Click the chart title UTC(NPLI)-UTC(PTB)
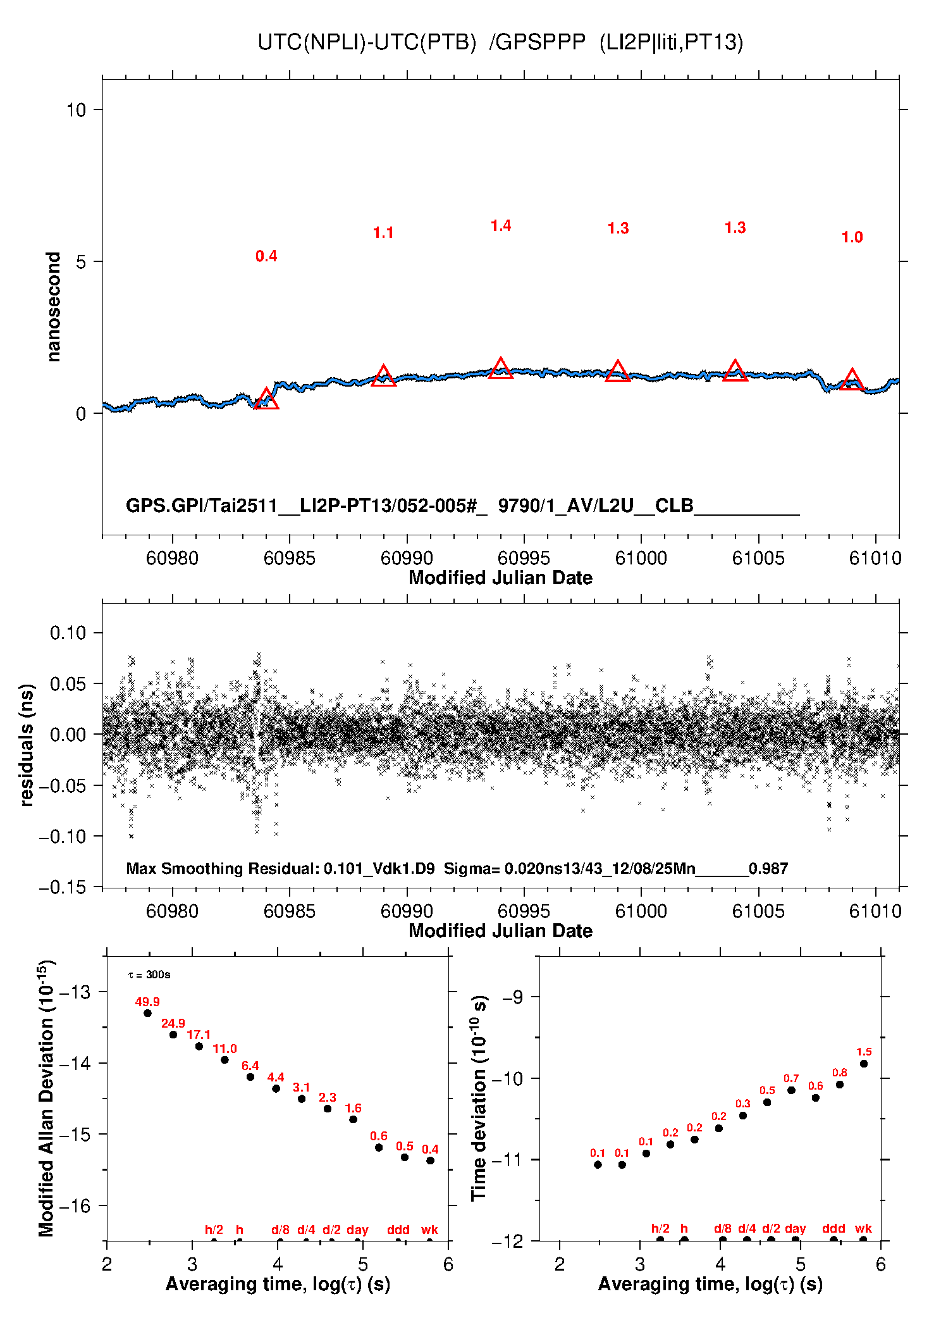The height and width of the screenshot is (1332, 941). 367,42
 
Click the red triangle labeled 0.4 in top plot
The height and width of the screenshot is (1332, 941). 266,399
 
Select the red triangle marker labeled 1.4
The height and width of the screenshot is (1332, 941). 501,368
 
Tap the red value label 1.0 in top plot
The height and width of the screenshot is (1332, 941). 852,237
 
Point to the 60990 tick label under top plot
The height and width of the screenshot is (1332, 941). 407,558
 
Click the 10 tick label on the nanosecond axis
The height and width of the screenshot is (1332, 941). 76,110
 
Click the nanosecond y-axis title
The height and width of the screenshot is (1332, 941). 54,307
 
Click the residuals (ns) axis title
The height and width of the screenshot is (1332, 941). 27,745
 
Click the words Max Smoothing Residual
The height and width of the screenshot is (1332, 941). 222,869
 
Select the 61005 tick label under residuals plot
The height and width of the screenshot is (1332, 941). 758,911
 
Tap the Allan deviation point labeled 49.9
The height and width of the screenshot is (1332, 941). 147,1013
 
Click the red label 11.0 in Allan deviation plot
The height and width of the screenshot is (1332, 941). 224,1049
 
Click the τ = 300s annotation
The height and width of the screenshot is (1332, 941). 149,975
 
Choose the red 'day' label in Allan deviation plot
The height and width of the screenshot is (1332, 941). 357,1229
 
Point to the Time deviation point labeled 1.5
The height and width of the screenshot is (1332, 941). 864,1064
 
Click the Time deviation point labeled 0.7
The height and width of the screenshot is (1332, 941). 791,1090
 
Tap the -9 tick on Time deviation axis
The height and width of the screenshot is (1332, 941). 513,998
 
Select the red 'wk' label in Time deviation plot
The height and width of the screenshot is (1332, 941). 863,1228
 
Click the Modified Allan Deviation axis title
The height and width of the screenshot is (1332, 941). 47,1098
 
